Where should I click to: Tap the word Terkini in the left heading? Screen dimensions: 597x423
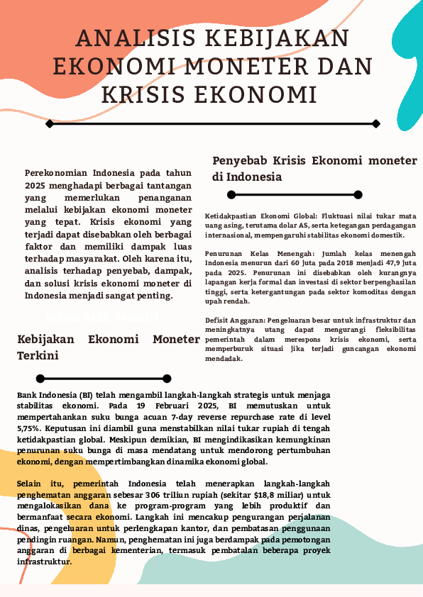[38, 355]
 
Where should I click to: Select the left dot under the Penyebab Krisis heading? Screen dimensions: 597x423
[231, 194]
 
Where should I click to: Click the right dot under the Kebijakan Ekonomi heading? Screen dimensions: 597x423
[167, 378]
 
